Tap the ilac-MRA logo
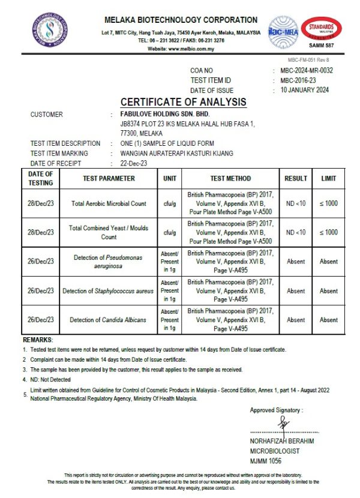coord(283,31)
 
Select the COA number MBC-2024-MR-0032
coord(306,71)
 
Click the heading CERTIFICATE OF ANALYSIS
coord(183,102)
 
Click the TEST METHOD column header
coord(230,178)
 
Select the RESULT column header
coord(295,178)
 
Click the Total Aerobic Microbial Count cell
coord(109,203)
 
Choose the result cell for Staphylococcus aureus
coord(295,291)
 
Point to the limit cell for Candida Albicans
coord(328,320)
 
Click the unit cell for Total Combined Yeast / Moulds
coord(170,232)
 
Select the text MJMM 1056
coord(266,460)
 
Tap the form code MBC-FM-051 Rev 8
coord(308,59)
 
